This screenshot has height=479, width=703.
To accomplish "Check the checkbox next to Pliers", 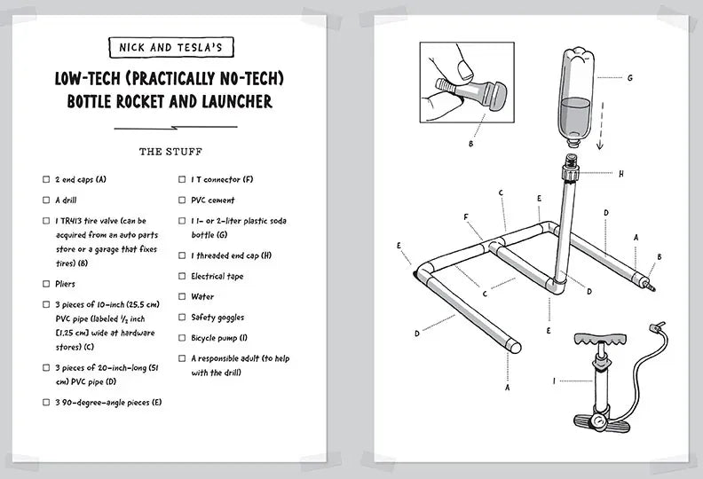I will [46, 284].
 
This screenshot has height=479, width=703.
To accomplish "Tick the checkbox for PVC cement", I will [182, 200].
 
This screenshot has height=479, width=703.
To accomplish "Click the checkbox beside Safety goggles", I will [182, 318].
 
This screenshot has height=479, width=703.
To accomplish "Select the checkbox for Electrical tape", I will [182, 277].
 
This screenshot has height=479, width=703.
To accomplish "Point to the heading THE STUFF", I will [171, 152].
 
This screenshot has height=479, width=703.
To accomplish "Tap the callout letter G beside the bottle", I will [629, 77].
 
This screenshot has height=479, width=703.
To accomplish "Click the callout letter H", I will [620, 174].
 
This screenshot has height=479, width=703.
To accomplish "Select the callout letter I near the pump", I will [555, 382].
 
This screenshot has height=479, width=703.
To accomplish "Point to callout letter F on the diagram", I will [465, 216].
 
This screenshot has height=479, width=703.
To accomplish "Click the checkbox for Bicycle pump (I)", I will [182, 338].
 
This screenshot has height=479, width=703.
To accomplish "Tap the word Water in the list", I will [202, 297].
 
